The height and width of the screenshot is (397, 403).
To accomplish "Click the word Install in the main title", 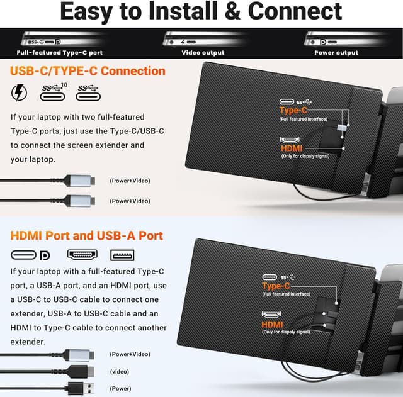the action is click(183, 11).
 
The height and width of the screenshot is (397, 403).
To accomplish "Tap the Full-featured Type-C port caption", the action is click(60, 53).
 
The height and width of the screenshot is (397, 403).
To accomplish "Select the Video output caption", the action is click(203, 53).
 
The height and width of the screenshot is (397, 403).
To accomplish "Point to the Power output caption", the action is click(336, 53).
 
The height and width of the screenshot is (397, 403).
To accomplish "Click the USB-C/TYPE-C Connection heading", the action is click(88, 71).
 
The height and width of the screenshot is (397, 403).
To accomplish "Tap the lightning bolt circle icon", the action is click(19, 92).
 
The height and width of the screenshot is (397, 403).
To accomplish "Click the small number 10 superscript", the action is click(64, 85).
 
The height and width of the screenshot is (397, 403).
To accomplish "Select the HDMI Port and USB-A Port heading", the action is click(87, 236).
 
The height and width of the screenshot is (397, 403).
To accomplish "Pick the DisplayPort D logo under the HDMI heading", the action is click(45, 255).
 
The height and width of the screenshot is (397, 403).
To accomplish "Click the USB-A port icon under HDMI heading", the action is click(122, 255).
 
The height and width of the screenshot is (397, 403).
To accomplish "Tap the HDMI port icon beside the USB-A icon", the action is click(82, 255).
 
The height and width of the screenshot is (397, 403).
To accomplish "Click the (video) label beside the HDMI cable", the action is click(120, 372).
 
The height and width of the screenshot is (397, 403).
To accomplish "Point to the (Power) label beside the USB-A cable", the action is click(120, 389).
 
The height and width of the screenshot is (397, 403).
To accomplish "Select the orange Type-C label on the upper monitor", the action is click(293, 110).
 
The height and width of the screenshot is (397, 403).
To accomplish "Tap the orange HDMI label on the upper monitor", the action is click(292, 148).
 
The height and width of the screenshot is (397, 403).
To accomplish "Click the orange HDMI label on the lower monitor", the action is click(272, 325).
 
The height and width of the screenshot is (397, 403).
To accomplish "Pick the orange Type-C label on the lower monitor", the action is click(276, 286).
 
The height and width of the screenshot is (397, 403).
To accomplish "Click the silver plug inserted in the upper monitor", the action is click(341, 128).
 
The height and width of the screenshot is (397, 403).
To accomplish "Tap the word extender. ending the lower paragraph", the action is click(28, 342).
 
